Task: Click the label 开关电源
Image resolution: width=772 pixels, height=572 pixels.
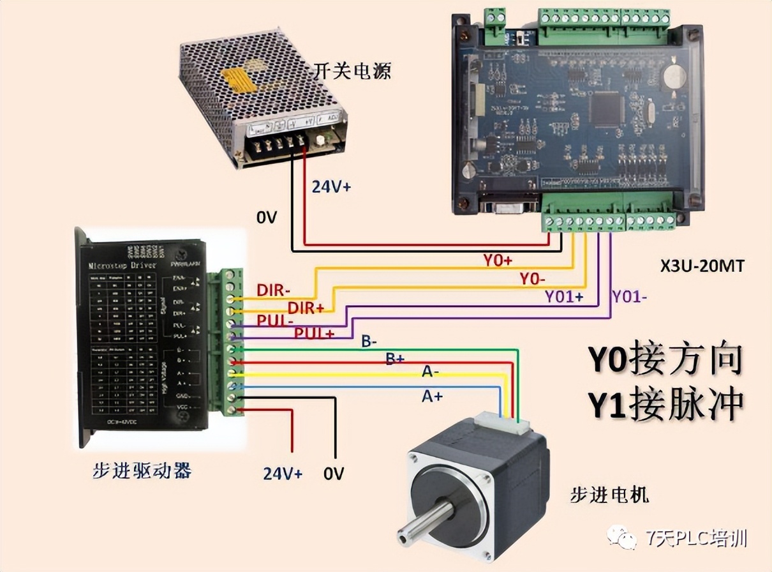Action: pos(352,70)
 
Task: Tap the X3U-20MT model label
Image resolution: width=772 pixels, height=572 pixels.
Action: pos(702,267)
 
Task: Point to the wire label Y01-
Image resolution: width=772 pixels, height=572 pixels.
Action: pos(630,296)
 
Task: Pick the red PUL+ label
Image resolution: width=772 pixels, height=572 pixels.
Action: pos(314,333)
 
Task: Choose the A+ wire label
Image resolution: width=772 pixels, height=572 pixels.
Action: pos(431,396)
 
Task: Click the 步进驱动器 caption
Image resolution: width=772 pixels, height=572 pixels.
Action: pos(142,471)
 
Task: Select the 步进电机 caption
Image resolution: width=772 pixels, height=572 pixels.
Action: pos(609,493)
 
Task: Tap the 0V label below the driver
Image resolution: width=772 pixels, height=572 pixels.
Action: pos(333,473)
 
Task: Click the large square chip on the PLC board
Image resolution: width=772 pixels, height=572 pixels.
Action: pos(605,109)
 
